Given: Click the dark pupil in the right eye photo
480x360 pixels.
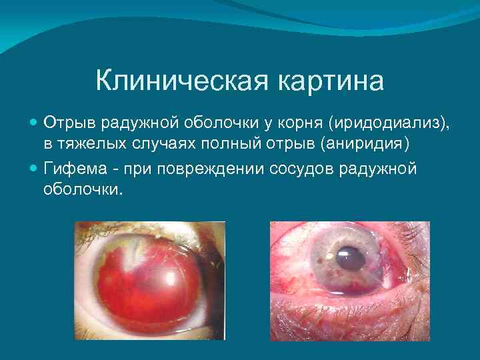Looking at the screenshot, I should coord(349,258).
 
